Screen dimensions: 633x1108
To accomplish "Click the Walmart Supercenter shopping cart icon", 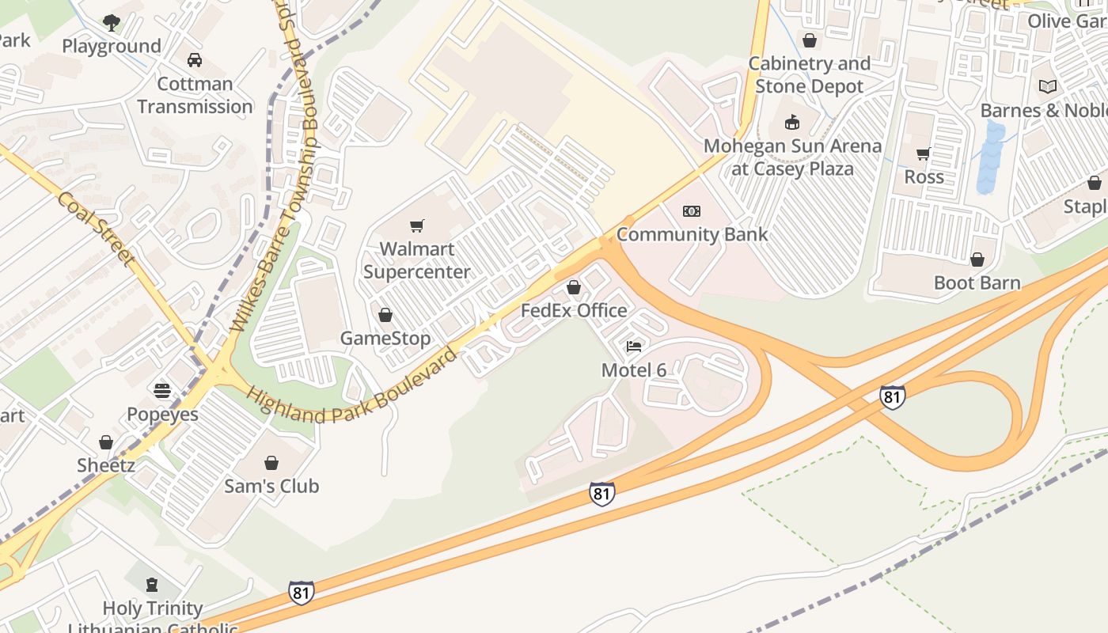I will click(417, 226).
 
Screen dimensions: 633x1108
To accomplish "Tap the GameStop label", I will click(385, 339).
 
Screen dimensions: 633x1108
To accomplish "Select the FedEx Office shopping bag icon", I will click(574, 288).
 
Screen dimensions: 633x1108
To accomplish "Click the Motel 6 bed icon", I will click(633, 347).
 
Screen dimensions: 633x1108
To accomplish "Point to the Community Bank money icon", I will click(692, 211).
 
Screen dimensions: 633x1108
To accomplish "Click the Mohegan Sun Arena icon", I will click(791, 123).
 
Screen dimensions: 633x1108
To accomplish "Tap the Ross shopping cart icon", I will click(923, 154).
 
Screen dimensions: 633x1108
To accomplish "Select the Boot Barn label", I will click(977, 282).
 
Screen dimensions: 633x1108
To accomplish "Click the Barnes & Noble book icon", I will click(1048, 87).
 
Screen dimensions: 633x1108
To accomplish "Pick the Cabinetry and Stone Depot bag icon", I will click(809, 40).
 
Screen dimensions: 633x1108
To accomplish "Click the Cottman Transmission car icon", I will click(194, 60).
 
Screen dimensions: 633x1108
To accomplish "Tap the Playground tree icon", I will click(112, 23).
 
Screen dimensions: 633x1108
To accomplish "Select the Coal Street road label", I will click(94, 228).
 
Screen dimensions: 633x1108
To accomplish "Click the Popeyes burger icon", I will click(162, 391).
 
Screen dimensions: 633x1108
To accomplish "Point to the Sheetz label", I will click(105, 465).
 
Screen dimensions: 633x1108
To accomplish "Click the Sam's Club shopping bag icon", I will click(271, 463).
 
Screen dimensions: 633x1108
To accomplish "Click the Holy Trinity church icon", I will click(152, 586).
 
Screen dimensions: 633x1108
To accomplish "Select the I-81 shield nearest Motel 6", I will click(601, 494).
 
